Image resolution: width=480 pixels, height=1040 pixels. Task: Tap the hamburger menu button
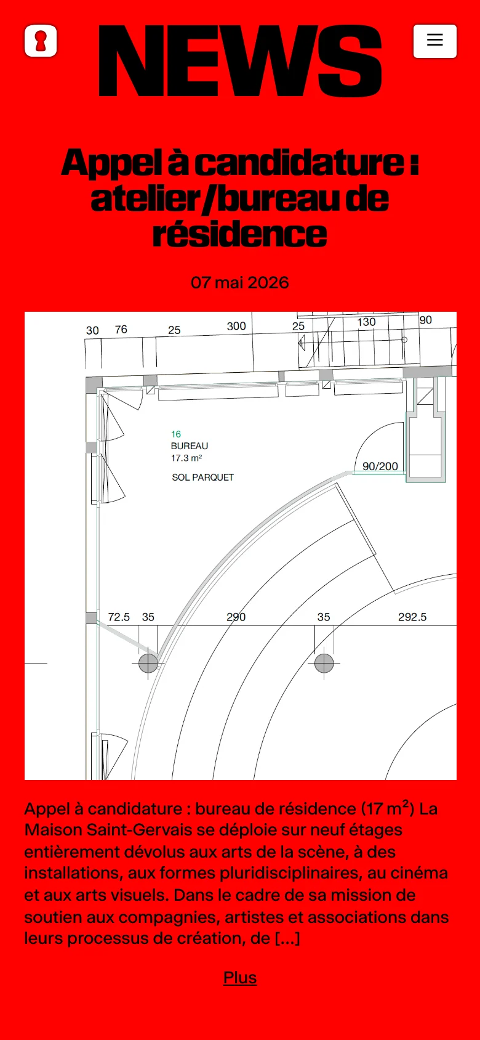[x=434, y=41]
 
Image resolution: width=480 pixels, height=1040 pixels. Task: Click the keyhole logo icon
[x=41, y=41]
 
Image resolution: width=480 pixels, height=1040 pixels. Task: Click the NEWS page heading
[x=240, y=61]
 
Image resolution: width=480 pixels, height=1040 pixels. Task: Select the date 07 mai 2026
[x=240, y=282]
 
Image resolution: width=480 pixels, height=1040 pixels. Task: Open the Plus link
[x=240, y=977]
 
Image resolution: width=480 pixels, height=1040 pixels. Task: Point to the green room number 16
[x=176, y=434]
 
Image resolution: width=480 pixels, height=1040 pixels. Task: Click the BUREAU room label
[x=189, y=445]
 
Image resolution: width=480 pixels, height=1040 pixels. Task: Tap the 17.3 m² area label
[x=186, y=458]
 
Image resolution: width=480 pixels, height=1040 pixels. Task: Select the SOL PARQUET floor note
[x=202, y=477]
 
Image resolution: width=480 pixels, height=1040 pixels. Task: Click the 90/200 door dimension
[x=380, y=466]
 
